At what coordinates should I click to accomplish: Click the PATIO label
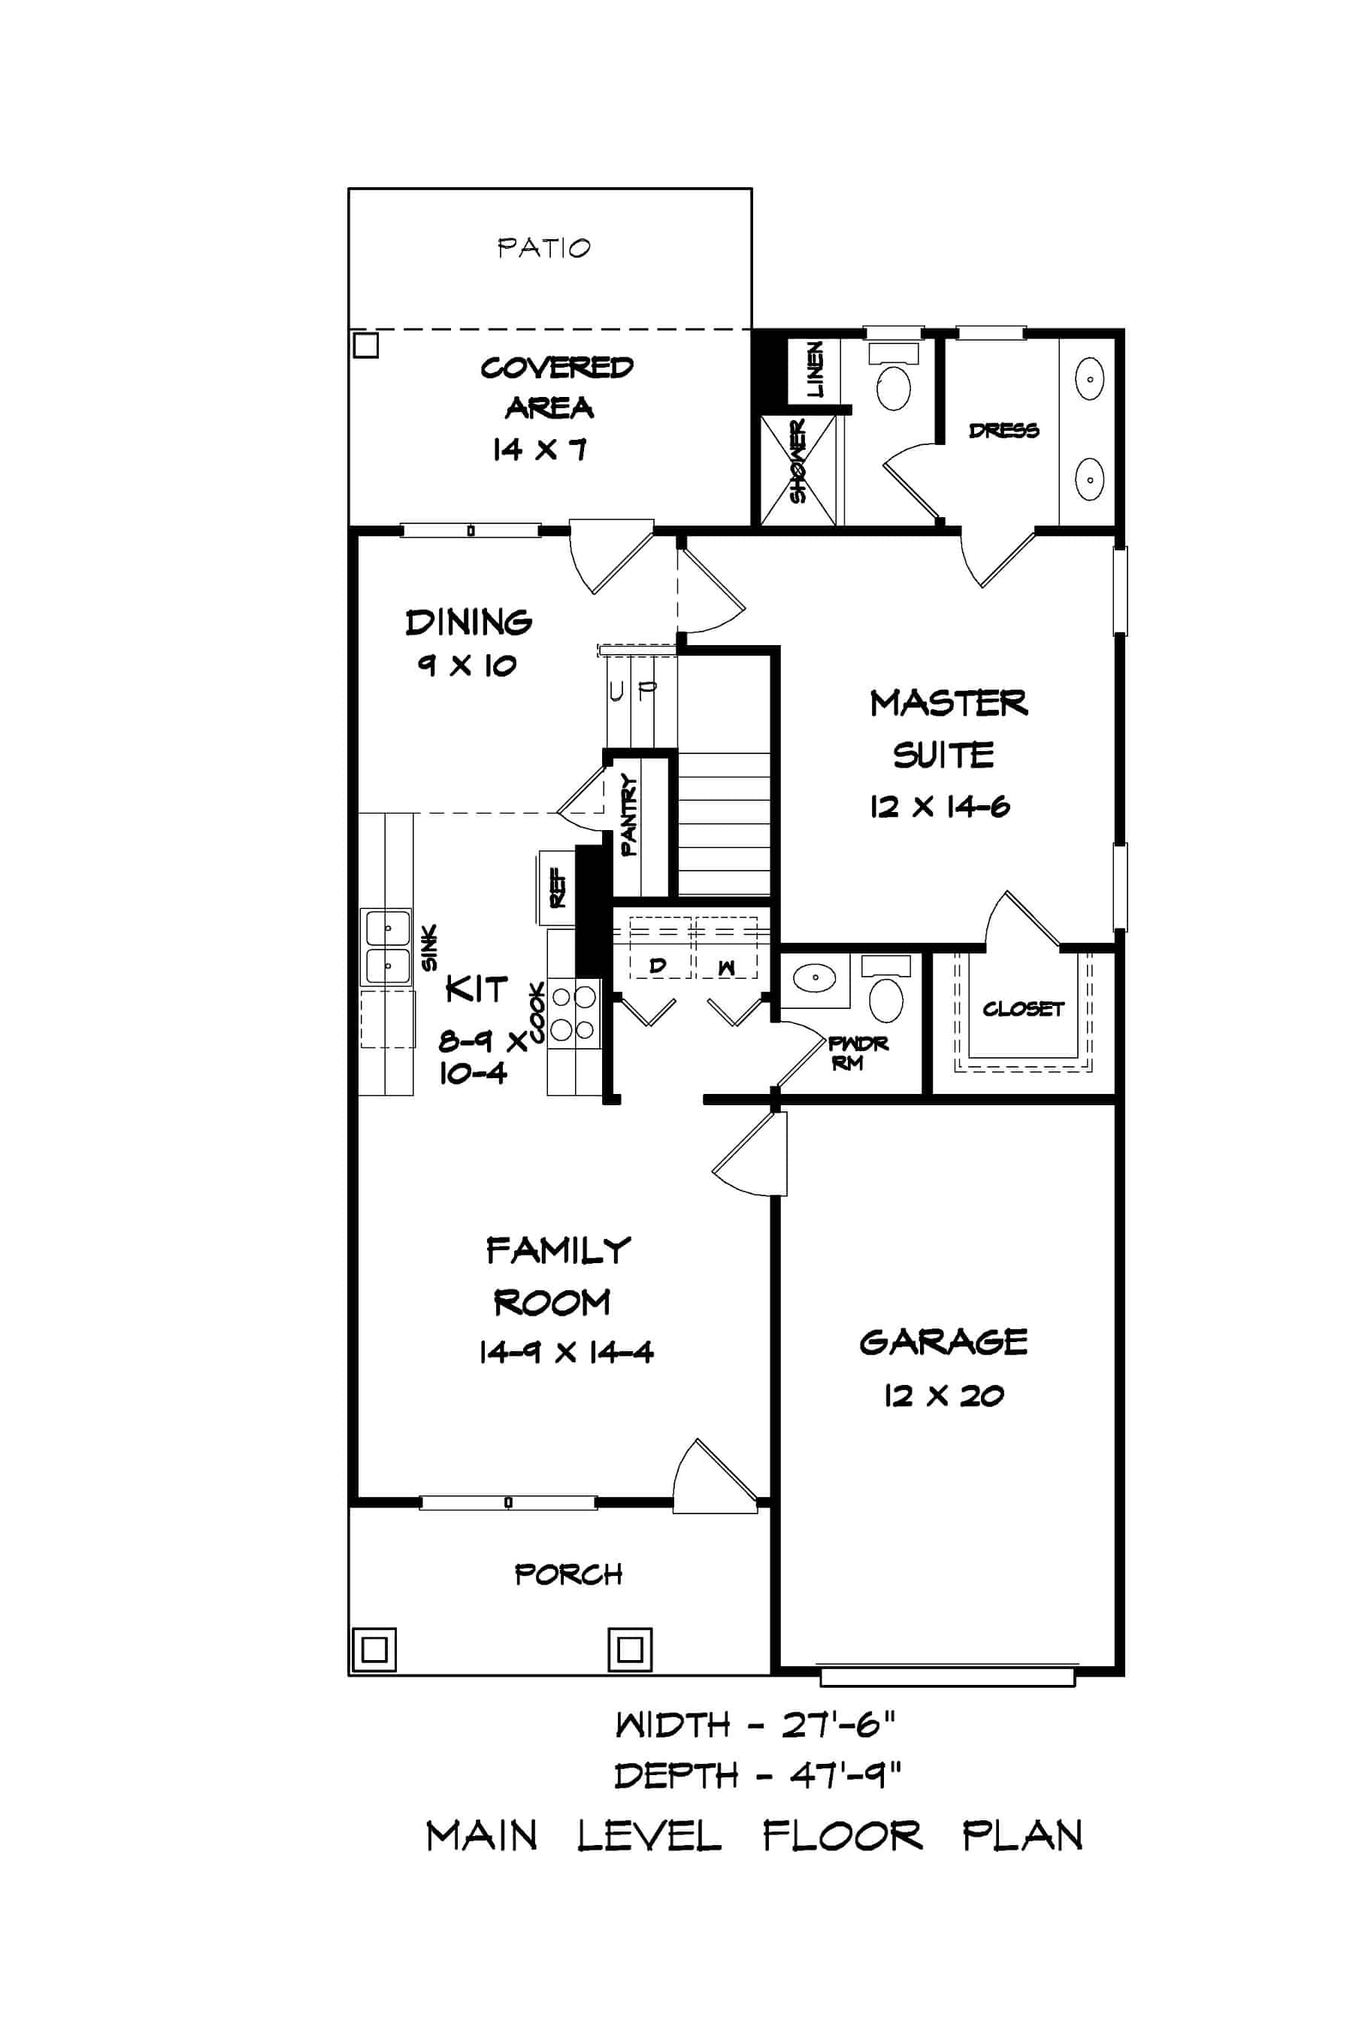click(543, 249)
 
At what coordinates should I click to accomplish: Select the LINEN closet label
click(814, 368)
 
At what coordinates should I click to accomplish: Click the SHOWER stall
click(798, 471)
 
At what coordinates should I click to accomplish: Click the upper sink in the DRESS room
click(1090, 379)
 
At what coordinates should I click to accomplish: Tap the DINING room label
click(468, 623)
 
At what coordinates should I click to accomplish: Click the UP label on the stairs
click(632, 690)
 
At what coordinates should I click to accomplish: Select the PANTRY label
click(629, 815)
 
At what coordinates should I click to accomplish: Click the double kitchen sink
click(386, 947)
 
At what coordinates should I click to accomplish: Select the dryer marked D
click(658, 966)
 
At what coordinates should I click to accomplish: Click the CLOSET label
click(1022, 1008)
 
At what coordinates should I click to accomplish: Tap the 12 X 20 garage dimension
click(943, 1396)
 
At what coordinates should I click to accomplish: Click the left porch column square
click(374, 1650)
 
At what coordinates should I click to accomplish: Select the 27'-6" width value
click(839, 1725)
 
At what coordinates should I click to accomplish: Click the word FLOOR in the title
click(842, 1835)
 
